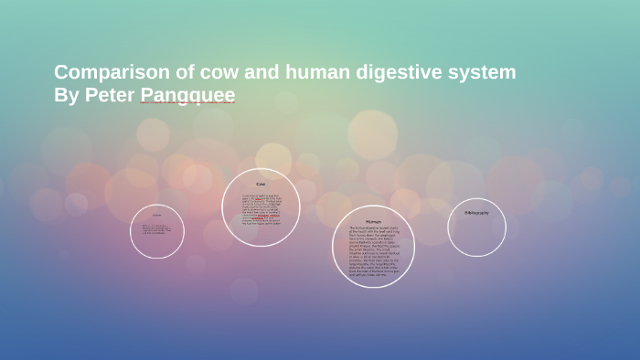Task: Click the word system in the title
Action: pyautogui.click(x=482, y=72)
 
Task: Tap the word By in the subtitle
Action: pyautogui.click(x=66, y=95)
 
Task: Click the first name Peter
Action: pyautogui.click(x=110, y=95)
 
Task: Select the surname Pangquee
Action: pyautogui.click(x=187, y=95)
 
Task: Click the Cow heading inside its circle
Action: pyautogui.click(x=261, y=185)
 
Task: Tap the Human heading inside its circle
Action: pyautogui.click(x=373, y=221)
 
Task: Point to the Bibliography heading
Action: pyautogui.click(x=476, y=212)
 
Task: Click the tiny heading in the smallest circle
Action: pyautogui.click(x=157, y=216)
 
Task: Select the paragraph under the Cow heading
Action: pyautogui.click(x=261, y=210)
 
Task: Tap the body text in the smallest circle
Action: pyautogui.click(x=157, y=230)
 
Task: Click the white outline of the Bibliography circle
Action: pyautogui.click(x=506, y=228)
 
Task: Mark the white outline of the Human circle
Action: pyautogui.click(x=415, y=247)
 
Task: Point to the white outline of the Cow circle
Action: pyautogui.click(x=301, y=207)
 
